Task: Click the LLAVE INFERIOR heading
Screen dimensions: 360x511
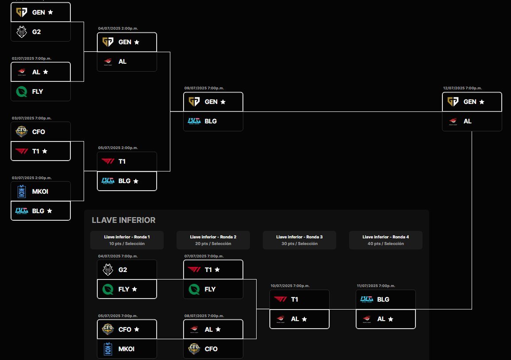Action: click(123, 220)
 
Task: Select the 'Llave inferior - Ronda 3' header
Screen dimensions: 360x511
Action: click(300, 237)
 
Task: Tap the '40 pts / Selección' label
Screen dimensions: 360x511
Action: click(385, 244)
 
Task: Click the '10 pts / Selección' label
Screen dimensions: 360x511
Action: click(127, 244)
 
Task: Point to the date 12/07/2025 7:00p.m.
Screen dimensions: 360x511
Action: click(462, 88)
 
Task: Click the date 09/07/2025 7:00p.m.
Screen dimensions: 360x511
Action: click(204, 88)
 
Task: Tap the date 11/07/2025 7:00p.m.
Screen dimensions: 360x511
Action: click(376, 286)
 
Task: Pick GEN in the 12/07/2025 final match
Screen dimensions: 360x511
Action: click(470, 102)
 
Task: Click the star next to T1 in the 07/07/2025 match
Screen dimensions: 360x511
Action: click(217, 269)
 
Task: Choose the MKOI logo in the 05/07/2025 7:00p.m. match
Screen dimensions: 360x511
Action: click(108, 349)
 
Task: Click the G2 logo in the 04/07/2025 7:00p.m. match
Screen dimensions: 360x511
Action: click(108, 269)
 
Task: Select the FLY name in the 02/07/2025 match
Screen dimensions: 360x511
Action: click(38, 92)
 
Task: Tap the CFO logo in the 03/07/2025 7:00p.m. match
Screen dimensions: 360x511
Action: click(21, 131)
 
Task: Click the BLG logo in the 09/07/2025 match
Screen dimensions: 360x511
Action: click(194, 121)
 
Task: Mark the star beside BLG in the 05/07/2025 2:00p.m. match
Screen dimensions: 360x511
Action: click(136, 181)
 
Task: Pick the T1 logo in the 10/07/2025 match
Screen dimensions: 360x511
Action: click(280, 299)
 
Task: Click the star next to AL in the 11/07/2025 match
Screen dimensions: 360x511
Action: click(390, 319)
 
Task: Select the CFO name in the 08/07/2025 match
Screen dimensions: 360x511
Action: click(211, 349)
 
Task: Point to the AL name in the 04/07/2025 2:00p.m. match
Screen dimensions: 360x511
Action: click(123, 61)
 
